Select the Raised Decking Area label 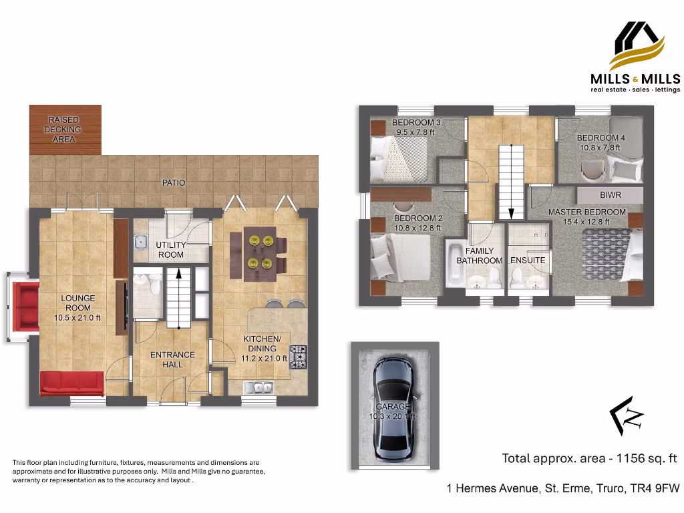64,130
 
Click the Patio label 173,182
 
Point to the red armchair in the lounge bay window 26,307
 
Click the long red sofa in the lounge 72,383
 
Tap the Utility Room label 171,250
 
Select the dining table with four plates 257,252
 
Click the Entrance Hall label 172,359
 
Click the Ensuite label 528,261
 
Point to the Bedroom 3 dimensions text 415,132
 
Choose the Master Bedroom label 587,212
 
